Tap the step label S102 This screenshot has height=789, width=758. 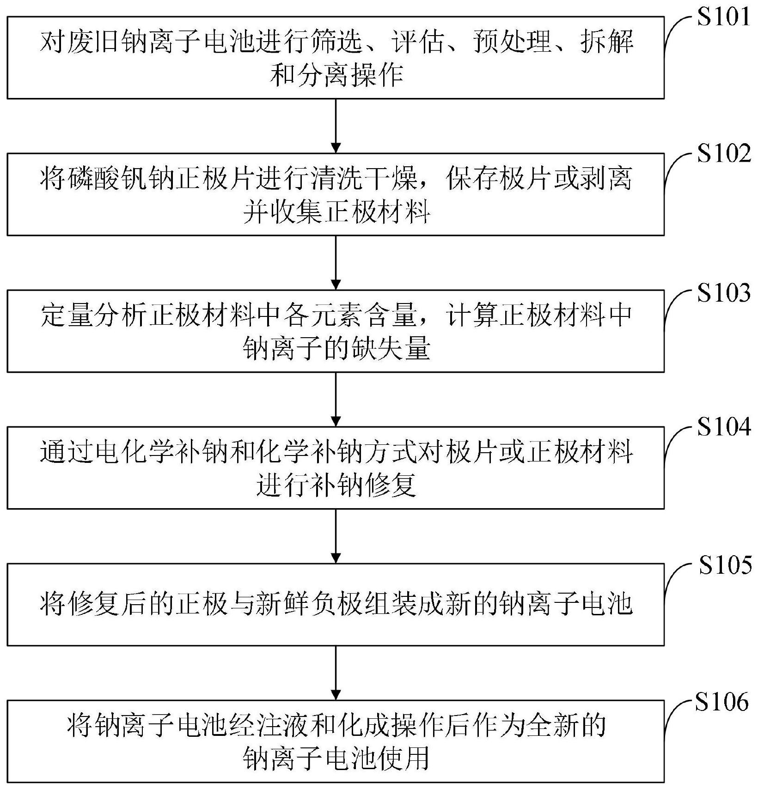click(x=724, y=153)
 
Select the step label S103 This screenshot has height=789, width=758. click(x=724, y=292)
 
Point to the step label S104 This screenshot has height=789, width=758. click(x=724, y=427)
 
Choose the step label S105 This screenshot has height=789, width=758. click(x=725, y=564)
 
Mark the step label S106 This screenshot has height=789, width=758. click(x=721, y=702)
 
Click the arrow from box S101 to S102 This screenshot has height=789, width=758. click(x=336, y=126)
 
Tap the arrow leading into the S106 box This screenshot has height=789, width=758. click(x=336, y=673)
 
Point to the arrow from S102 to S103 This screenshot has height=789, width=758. click(x=336, y=262)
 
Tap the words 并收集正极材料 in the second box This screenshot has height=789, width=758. click(x=337, y=213)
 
